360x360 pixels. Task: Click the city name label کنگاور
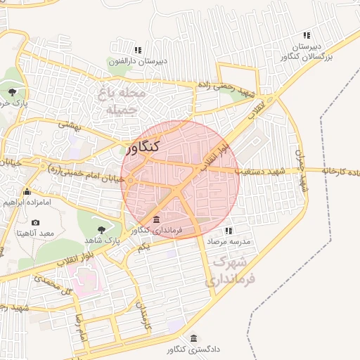coord(145,147)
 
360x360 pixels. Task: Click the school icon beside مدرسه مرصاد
coord(229,231)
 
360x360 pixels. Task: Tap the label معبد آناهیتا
coord(37,233)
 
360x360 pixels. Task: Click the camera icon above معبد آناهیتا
coord(35,223)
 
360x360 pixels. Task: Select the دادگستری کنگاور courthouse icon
coord(193,337)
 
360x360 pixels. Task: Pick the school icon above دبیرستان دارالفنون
coord(138,50)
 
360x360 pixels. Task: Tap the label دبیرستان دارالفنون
coord(138,61)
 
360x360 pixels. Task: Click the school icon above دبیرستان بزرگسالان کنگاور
coord(306,35)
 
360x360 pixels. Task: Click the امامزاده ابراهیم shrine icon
coord(27,192)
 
